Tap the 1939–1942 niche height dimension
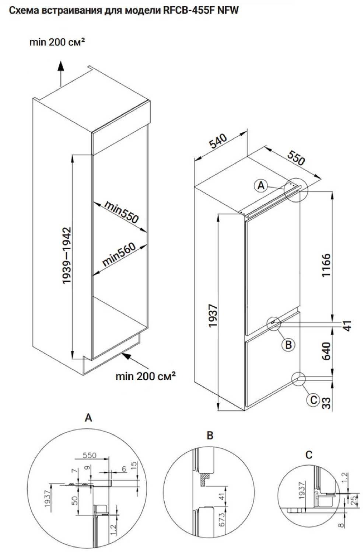pyautogui.click(x=67, y=255)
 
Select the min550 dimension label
pyautogui.click(x=121, y=212)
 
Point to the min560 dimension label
pyautogui.click(x=119, y=254)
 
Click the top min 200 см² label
pyautogui.click(x=57, y=42)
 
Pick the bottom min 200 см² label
pyautogui.click(x=145, y=376)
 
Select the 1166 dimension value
pyautogui.click(x=326, y=265)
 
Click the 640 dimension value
pyautogui.click(x=326, y=351)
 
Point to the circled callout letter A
pyautogui.click(x=261, y=185)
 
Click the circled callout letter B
pyautogui.click(x=288, y=345)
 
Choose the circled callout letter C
pyautogui.click(x=314, y=400)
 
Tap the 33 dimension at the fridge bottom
pyautogui.click(x=326, y=403)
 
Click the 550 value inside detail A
pyautogui.click(x=90, y=455)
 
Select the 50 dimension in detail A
pyautogui.click(x=75, y=500)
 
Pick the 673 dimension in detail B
pyautogui.click(x=222, y=519)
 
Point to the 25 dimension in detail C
pyautogui.click(x=354, y=500)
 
